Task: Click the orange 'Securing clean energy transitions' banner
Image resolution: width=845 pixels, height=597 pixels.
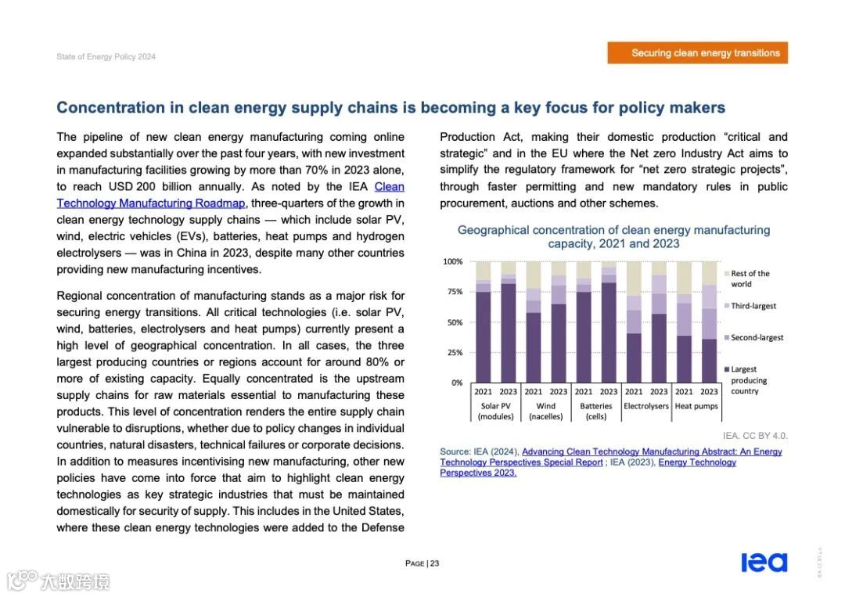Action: click(697, 53)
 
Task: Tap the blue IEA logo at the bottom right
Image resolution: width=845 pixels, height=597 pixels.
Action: click(763, 562)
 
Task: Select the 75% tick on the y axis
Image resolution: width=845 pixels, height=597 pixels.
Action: click(454, 292)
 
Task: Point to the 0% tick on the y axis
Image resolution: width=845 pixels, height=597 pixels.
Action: click(456, 383)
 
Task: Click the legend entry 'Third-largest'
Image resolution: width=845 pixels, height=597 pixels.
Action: click(753, 306)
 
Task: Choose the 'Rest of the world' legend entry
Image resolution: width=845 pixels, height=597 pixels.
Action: click(750, 279)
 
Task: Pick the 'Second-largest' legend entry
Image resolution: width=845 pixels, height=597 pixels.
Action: click(757, 337)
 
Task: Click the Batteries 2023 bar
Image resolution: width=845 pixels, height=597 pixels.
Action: click(609, 329)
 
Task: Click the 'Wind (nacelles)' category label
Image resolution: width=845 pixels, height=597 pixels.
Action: click(545, 411)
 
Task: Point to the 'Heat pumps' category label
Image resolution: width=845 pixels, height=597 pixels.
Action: click(696, 406)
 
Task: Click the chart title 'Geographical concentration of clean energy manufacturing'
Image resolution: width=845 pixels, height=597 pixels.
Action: click(613, 230)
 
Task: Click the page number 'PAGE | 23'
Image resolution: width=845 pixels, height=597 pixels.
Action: click(422, 563)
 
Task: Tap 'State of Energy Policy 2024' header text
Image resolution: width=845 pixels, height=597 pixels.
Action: click(106, 57)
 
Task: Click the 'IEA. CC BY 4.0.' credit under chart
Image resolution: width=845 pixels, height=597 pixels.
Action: click(754, 436)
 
